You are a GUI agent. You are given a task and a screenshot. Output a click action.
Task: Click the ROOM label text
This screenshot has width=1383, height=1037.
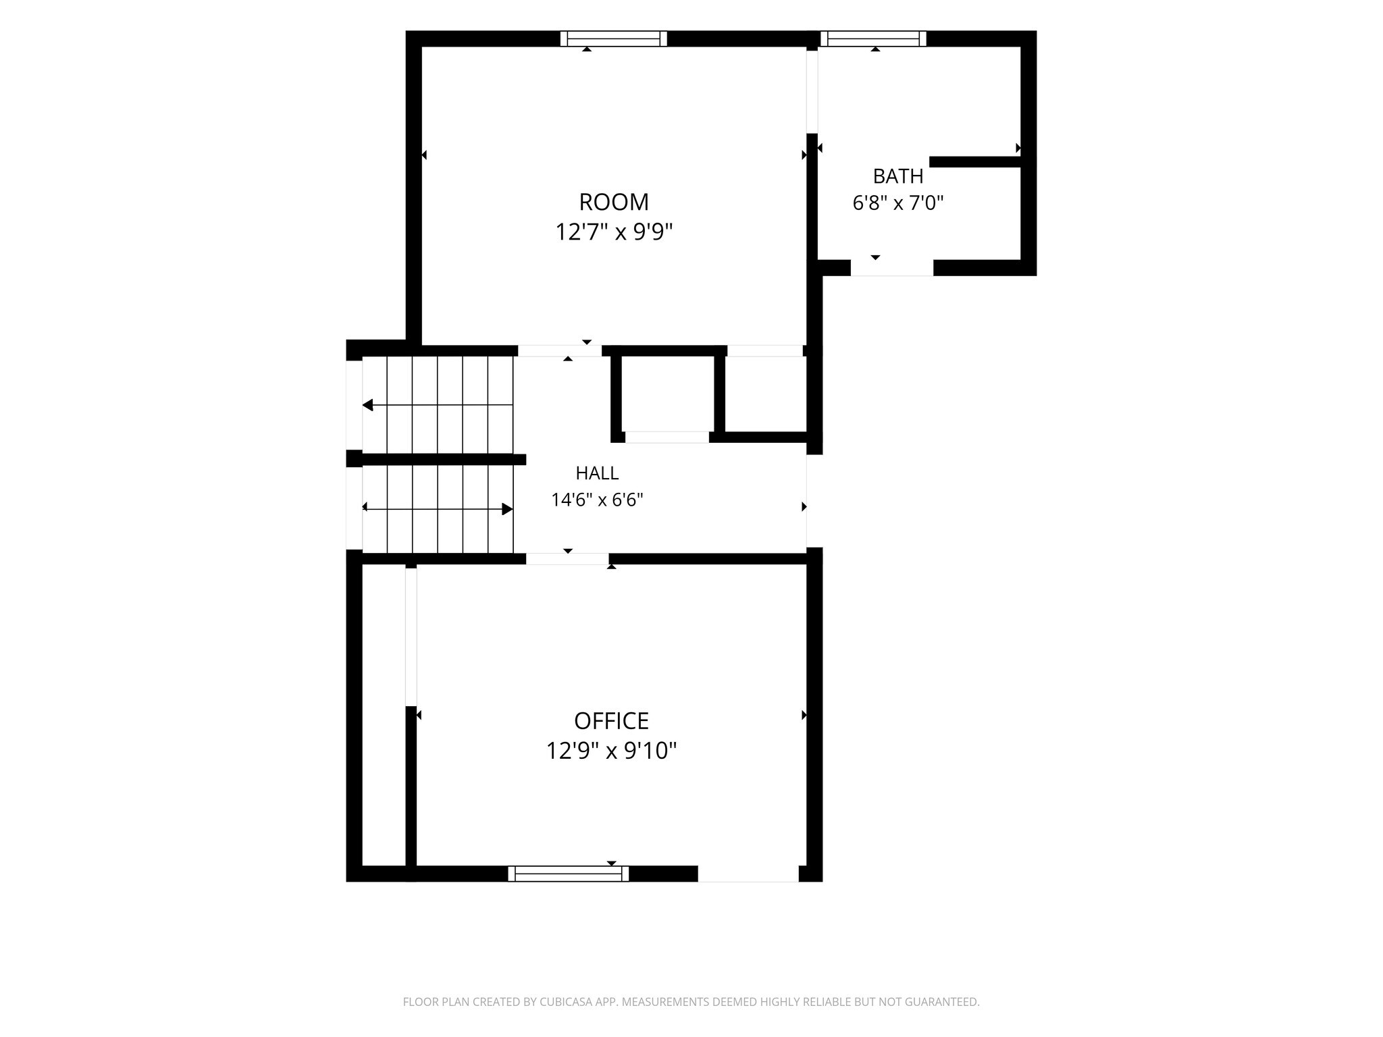coord(614,202)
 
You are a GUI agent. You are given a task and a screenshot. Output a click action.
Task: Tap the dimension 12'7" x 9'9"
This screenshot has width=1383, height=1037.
coord(614,232)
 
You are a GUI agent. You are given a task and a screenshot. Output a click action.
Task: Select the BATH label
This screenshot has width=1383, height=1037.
coord(898,176)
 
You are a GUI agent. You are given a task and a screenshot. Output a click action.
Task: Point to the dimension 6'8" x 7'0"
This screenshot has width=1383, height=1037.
coord(898,203)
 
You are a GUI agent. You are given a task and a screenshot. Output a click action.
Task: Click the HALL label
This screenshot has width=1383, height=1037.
coord(597,473)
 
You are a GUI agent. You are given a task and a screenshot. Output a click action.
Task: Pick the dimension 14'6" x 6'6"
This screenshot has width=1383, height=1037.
coord(597,500)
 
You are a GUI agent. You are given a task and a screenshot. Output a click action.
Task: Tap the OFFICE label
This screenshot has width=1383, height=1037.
coord(611,721)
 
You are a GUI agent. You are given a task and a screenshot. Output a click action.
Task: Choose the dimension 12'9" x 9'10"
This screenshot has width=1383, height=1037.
coord(611,751)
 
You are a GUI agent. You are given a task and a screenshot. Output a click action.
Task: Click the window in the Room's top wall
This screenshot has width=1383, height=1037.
coord(614,38)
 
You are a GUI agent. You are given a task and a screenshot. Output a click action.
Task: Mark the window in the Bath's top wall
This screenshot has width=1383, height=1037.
coord(873,38)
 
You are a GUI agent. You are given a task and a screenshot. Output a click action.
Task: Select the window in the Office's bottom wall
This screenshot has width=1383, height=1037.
coord(569,874)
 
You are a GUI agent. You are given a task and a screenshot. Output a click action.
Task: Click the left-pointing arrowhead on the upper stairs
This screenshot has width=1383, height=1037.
coord(367,405)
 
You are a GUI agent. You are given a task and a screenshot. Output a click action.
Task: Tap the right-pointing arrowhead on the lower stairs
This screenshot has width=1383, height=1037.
coord(508,509)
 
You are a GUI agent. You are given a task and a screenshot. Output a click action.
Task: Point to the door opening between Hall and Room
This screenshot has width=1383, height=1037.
coord(560,351)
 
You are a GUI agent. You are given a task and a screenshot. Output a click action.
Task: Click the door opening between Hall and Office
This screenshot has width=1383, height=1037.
coord(567,559)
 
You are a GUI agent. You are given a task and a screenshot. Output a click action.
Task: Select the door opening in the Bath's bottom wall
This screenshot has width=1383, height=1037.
coord(891,267)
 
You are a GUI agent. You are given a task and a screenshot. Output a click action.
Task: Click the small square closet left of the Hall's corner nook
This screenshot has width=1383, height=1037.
coord(667,394)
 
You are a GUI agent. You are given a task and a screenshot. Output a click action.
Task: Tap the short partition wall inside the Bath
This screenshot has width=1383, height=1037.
coord(975,162)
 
